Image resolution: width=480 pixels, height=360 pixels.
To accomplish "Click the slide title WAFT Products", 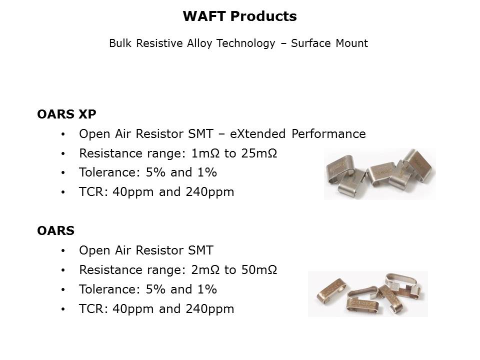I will click(x=239, y=16).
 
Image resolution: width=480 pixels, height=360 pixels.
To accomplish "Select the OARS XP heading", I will click(x=66, y=114).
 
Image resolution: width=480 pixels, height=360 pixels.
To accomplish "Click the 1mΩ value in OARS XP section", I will click(x=205, y=153).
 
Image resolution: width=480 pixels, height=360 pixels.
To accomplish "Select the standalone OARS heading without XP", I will click(x=55, y=231).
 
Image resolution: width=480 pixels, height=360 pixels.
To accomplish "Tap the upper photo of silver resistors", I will click(x=379, y=173).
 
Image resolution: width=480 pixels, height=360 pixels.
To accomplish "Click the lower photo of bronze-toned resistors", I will click(x=367, y=293).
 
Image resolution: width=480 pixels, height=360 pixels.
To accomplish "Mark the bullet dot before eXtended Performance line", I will click(x=62, y=134).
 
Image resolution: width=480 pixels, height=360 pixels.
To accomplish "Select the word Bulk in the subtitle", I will click(x=120, y=43).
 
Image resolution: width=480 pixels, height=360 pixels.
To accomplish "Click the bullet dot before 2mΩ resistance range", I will click(x=62, y=270).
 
